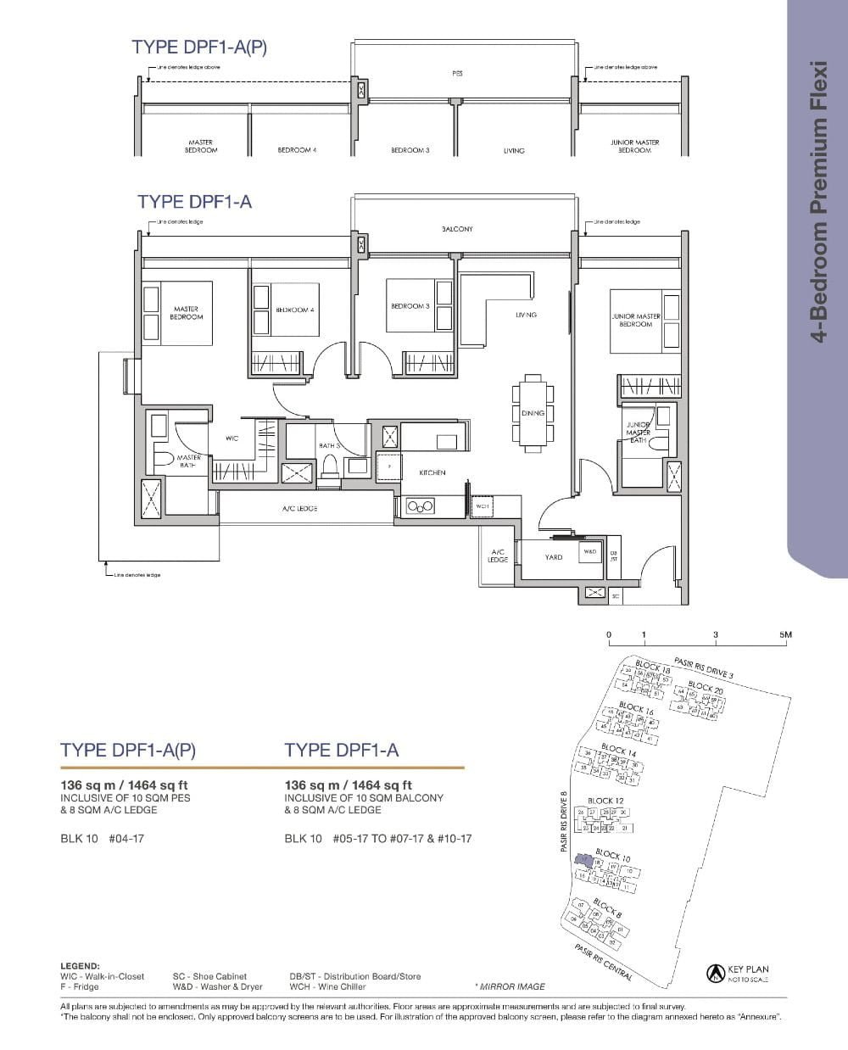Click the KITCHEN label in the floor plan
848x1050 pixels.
point(432,472)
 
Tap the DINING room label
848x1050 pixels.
point(533,413)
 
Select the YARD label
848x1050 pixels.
point(554,557)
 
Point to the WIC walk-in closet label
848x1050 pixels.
point(232,438)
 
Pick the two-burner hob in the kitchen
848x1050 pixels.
point(420,507)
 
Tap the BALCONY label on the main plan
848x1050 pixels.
point(457,229)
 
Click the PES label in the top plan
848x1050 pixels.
point(457,74)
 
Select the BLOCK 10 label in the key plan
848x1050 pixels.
point(612,856)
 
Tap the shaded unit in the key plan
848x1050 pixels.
point(583,860)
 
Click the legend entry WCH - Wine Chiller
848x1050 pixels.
point(327,986)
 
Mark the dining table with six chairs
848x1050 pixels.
point(533,412)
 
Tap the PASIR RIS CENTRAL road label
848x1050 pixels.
point(603,963)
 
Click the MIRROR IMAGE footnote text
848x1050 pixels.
point(510,986)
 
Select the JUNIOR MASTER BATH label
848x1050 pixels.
point(638,432)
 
